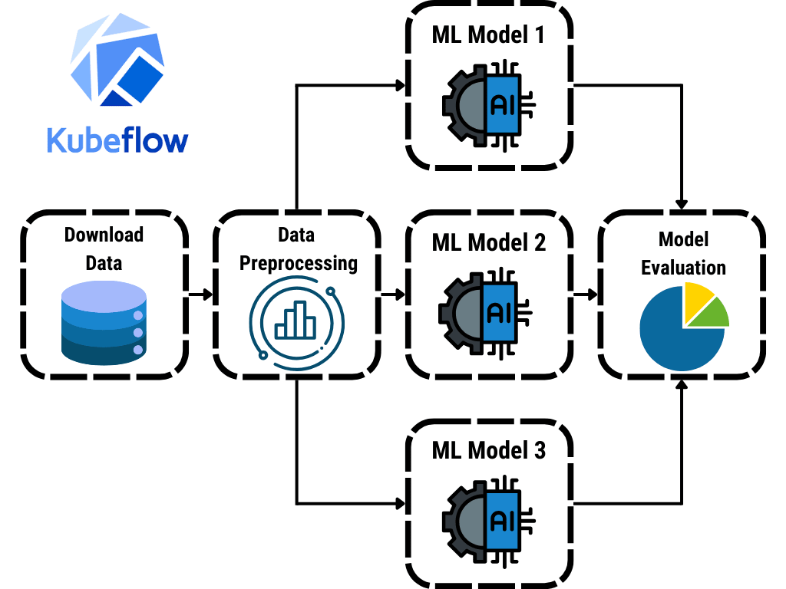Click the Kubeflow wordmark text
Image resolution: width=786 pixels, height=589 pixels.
(x=117, y=140)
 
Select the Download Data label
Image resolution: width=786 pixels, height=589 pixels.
(x=104, y=248)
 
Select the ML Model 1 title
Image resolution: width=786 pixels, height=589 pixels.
(x=488, y=35)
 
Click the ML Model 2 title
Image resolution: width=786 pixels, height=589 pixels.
(x=488, y=243)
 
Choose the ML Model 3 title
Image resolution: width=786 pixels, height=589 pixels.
(x=488, y=450)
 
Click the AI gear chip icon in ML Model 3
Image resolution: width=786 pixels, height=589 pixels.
(x=488, y=521)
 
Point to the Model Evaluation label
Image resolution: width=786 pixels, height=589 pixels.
(x=683, y=253)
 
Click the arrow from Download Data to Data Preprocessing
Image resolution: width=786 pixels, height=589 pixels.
(x=200, y=294)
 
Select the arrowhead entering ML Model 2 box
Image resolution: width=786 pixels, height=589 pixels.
(x=398, y=294)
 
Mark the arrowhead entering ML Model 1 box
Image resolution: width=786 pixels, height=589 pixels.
(x=399, y=85)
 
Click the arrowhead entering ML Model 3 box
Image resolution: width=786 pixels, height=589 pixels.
(x=399, y=504)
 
